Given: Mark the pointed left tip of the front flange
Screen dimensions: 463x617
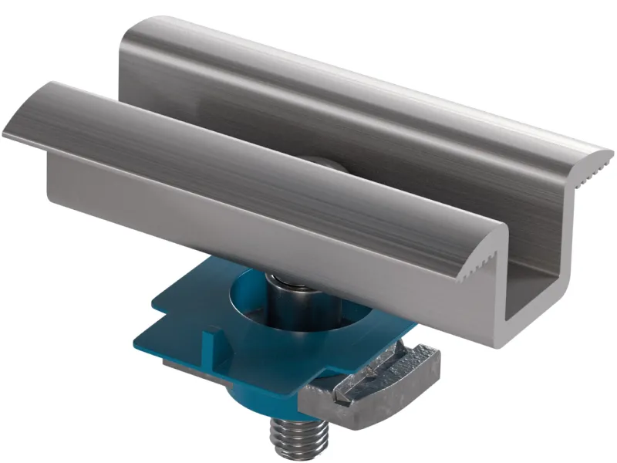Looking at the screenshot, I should [x=6, y=134].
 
